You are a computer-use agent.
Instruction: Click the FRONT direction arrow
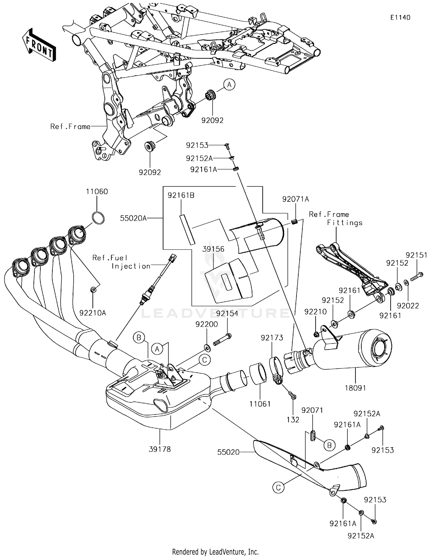[x=39, y=45]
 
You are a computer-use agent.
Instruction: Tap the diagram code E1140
[x=400, y=18]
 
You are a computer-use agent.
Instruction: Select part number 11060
[x=97, y=191]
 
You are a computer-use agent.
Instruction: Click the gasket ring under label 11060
[x=98, y=218]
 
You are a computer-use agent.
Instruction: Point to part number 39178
[x=160, y=449]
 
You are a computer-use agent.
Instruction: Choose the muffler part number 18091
[x=355, y=388]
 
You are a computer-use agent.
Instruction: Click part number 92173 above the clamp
[x=272, y=338]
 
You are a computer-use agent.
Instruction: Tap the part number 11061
[x=260, y=404]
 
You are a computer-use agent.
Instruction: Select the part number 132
[x=293, y=420]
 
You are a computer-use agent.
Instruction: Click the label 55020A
[x=133, y=218]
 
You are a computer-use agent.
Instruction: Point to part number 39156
[x=213, y=249]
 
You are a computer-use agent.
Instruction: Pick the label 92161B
[x=181, y=195]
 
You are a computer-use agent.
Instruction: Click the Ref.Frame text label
[x=70, y=126]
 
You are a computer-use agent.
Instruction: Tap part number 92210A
[x=93, y=313]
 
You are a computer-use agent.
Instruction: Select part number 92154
[x=227, y=314]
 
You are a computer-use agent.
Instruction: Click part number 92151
[x=416, y=255]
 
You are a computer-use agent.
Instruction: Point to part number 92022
[x=408, y=306]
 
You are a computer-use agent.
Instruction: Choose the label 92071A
[x=295, y=199]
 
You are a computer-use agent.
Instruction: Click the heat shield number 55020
[x=228, y=452]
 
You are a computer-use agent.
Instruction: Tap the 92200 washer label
[x=207, y=324]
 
